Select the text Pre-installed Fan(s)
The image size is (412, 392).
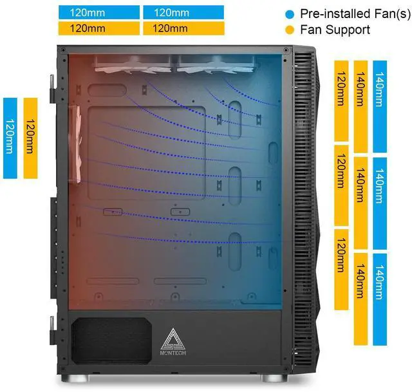347,13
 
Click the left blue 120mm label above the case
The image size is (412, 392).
98,12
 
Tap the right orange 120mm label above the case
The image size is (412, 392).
183,28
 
